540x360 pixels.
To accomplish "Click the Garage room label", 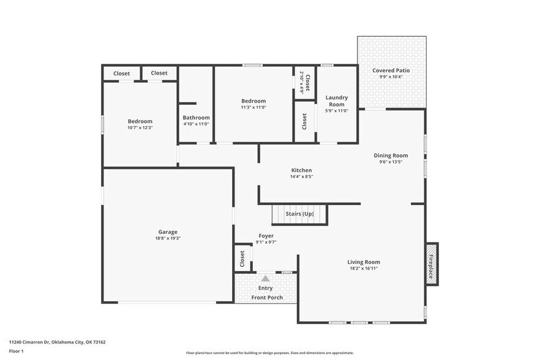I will [168, 232].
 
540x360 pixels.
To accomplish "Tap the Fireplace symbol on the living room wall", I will [431, 267].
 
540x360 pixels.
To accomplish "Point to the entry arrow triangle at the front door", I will [265, 278].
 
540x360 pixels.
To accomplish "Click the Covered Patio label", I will [391, 70].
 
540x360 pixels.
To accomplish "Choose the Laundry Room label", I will [336, 100].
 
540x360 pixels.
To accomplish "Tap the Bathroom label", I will [196, 118].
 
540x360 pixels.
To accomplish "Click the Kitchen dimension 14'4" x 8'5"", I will [301, 177].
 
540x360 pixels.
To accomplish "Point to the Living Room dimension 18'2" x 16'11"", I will [364, 268].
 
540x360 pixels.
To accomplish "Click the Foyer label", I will [266, 236].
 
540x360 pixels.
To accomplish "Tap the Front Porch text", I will [266, 298].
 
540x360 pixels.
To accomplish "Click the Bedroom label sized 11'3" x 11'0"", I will [253, 101].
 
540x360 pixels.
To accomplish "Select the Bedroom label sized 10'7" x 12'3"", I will [140, 121].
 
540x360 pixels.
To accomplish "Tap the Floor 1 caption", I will [16, 351].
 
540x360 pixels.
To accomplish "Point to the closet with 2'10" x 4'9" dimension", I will [304, 82].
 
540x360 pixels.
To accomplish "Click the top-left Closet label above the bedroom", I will [121, 73].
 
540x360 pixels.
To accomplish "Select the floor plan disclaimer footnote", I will [269, 353].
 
